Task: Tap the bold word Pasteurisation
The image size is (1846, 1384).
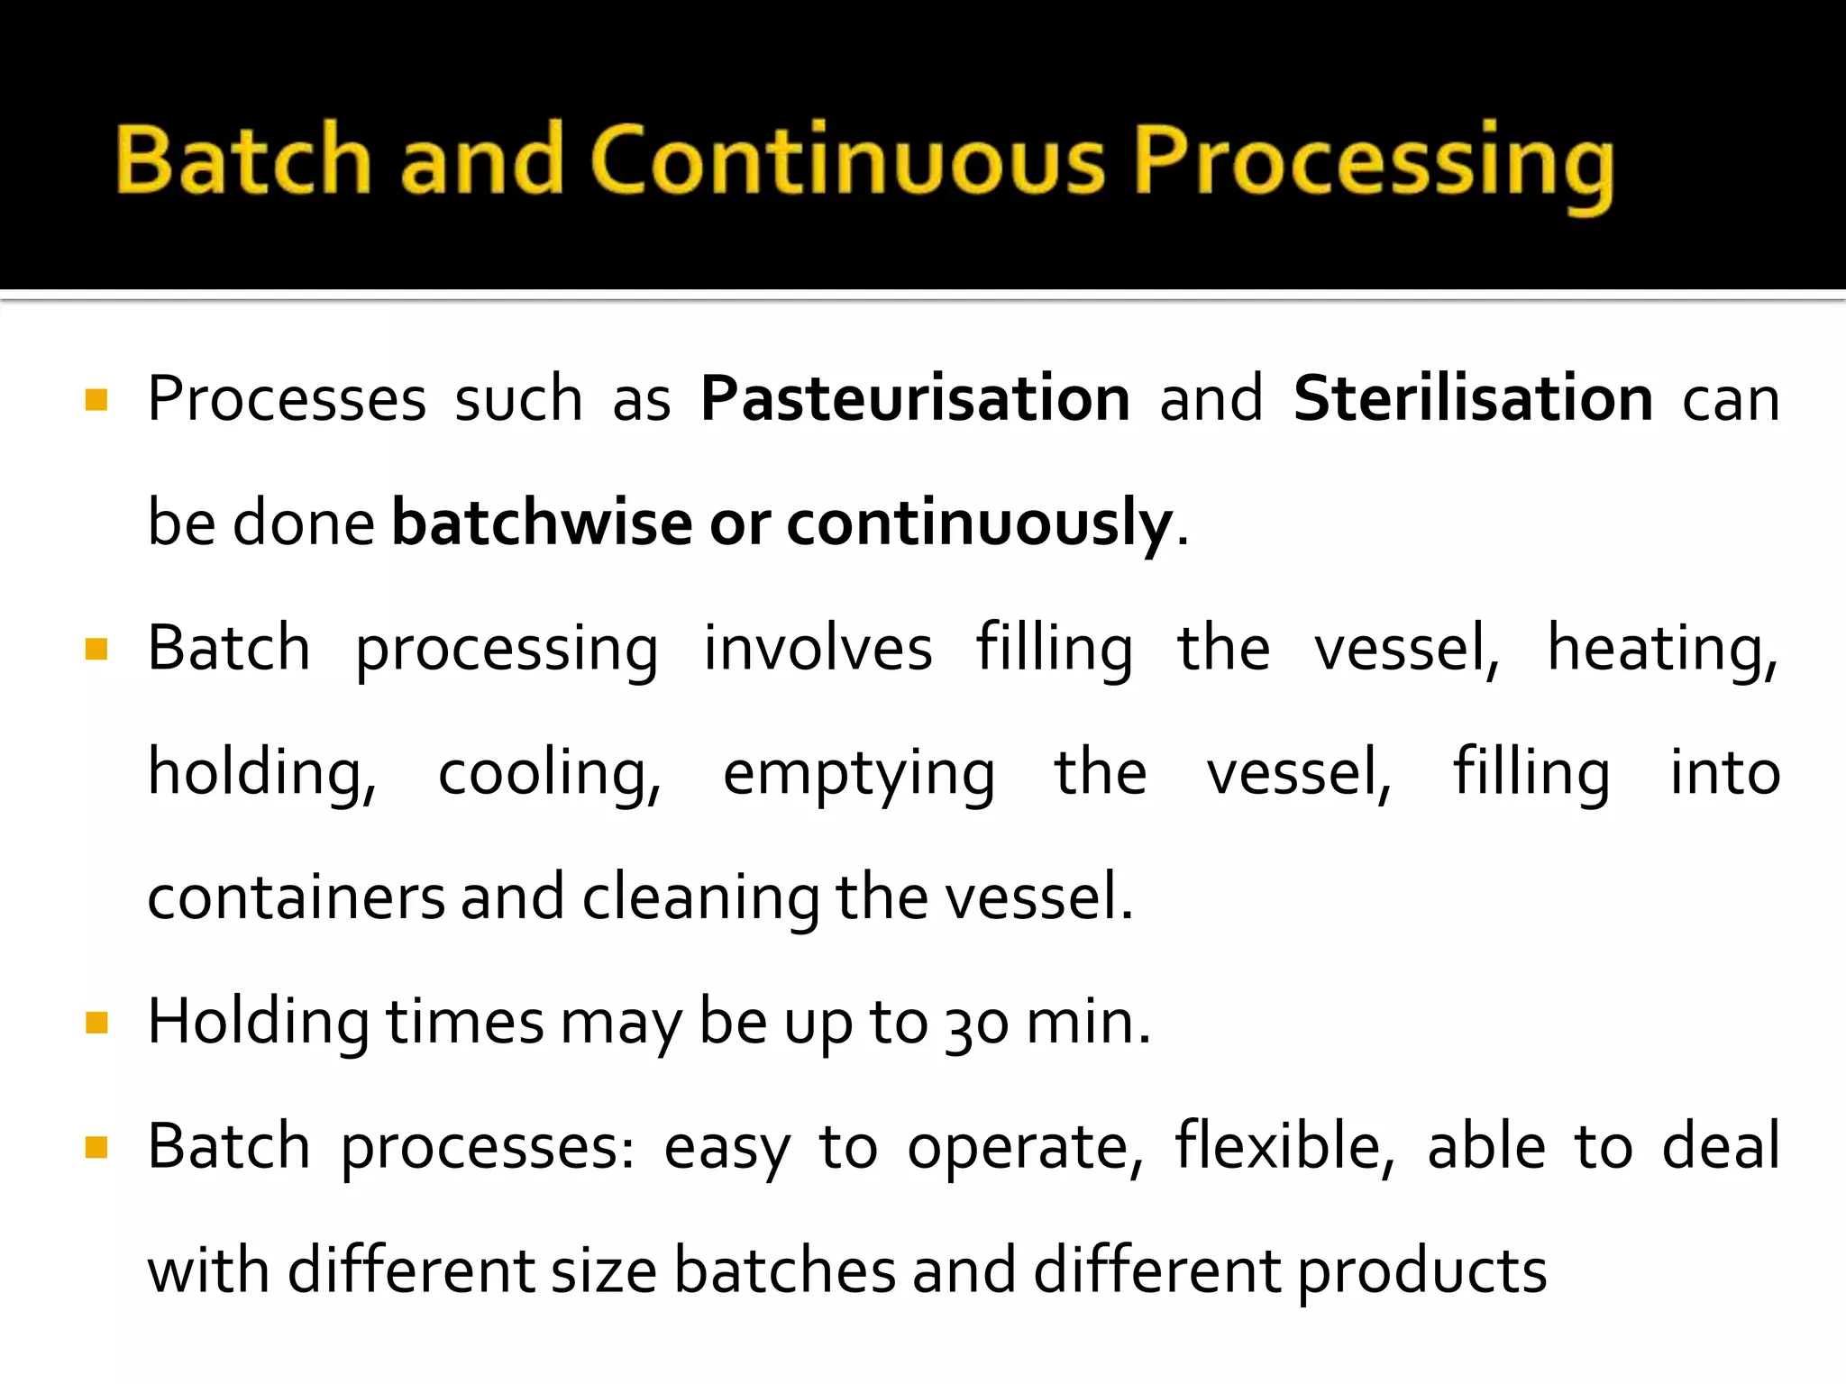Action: pos(915,398)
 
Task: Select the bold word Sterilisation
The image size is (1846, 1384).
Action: pos(1473,398)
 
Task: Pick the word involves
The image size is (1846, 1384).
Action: pos(818,648)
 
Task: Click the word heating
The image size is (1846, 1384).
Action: pos(1662,648)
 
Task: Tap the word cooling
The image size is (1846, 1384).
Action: pos(549,773)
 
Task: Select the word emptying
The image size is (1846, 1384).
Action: pos(858,773)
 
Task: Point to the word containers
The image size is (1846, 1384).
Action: pos(296,897)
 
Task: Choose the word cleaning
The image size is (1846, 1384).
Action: pos(700,897)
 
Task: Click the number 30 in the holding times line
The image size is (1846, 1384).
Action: pos(976,1024)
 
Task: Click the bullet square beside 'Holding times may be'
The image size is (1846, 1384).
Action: pos(96,1023)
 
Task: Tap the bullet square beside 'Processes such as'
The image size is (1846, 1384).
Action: pos(96,399)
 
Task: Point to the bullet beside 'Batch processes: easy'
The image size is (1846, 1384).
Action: pos(96,1147)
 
